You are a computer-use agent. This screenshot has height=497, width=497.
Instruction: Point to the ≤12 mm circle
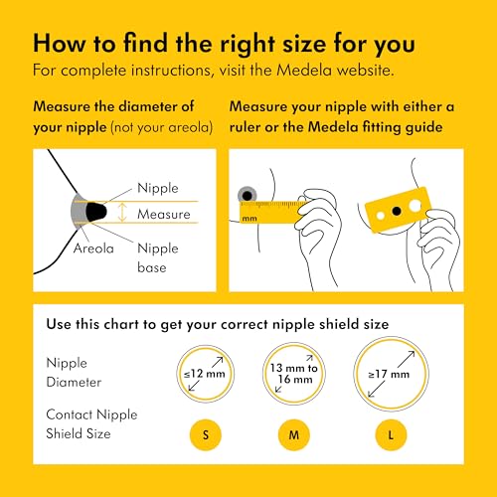206,373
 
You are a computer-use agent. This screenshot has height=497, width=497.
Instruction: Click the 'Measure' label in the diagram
163,214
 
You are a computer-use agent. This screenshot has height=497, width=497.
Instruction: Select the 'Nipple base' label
157,256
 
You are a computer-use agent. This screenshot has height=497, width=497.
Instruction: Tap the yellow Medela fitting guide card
398,209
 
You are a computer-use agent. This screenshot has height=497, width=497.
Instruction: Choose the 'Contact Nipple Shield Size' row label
90,422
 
